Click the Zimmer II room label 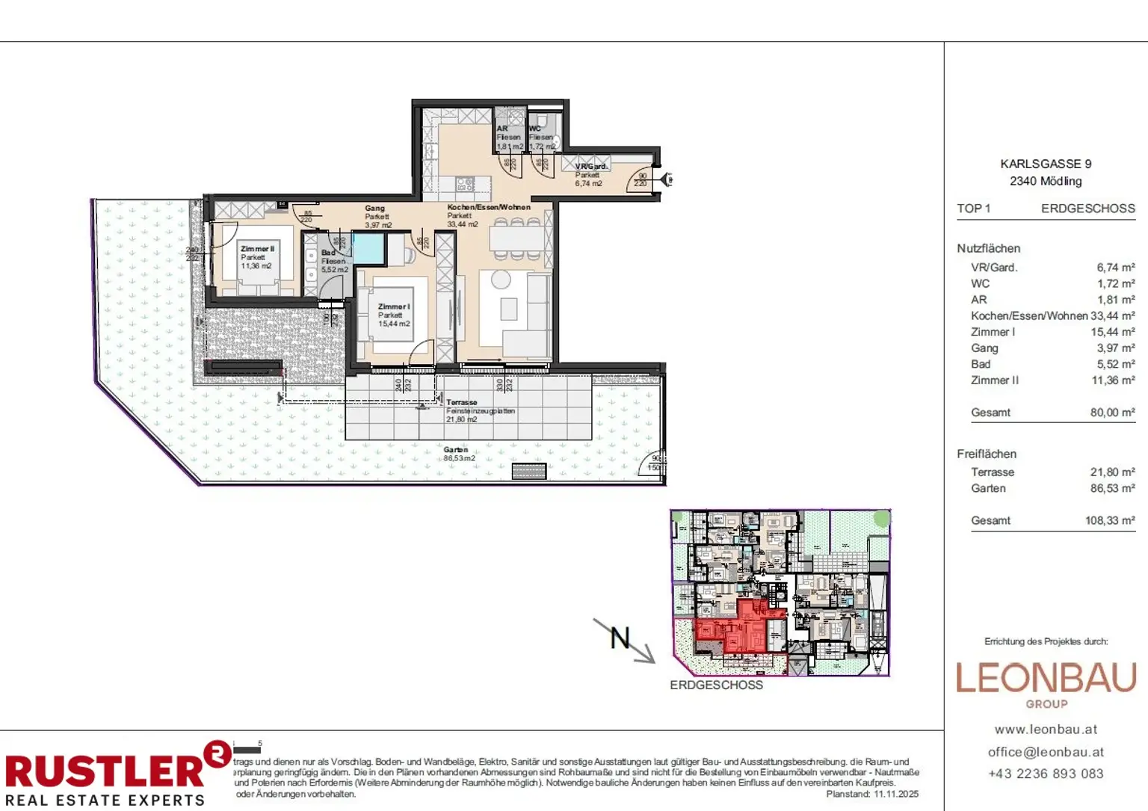tap(257, 249)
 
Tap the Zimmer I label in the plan tap(393, 306)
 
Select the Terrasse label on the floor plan tap(461, 402)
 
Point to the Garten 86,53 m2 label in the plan tap(457, 454)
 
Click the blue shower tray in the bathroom tap(368, 248)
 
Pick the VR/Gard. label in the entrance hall tap(590, 167)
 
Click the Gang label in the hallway tap(374, 209)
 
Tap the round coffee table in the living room tap(501, 280)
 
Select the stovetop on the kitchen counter tap(465, 184)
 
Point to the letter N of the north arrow tap(620, 638)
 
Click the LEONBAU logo tap(1046, 679)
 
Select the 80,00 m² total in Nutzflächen tap(1112, 413)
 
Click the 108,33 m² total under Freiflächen tap(1110, 521)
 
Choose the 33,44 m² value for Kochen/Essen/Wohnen tap(1112, 316)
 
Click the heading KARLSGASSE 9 tap(1046, 164)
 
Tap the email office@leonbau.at tap(1046, 752)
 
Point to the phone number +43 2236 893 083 tap(1046, 774)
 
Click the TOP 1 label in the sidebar tap(973, 209)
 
